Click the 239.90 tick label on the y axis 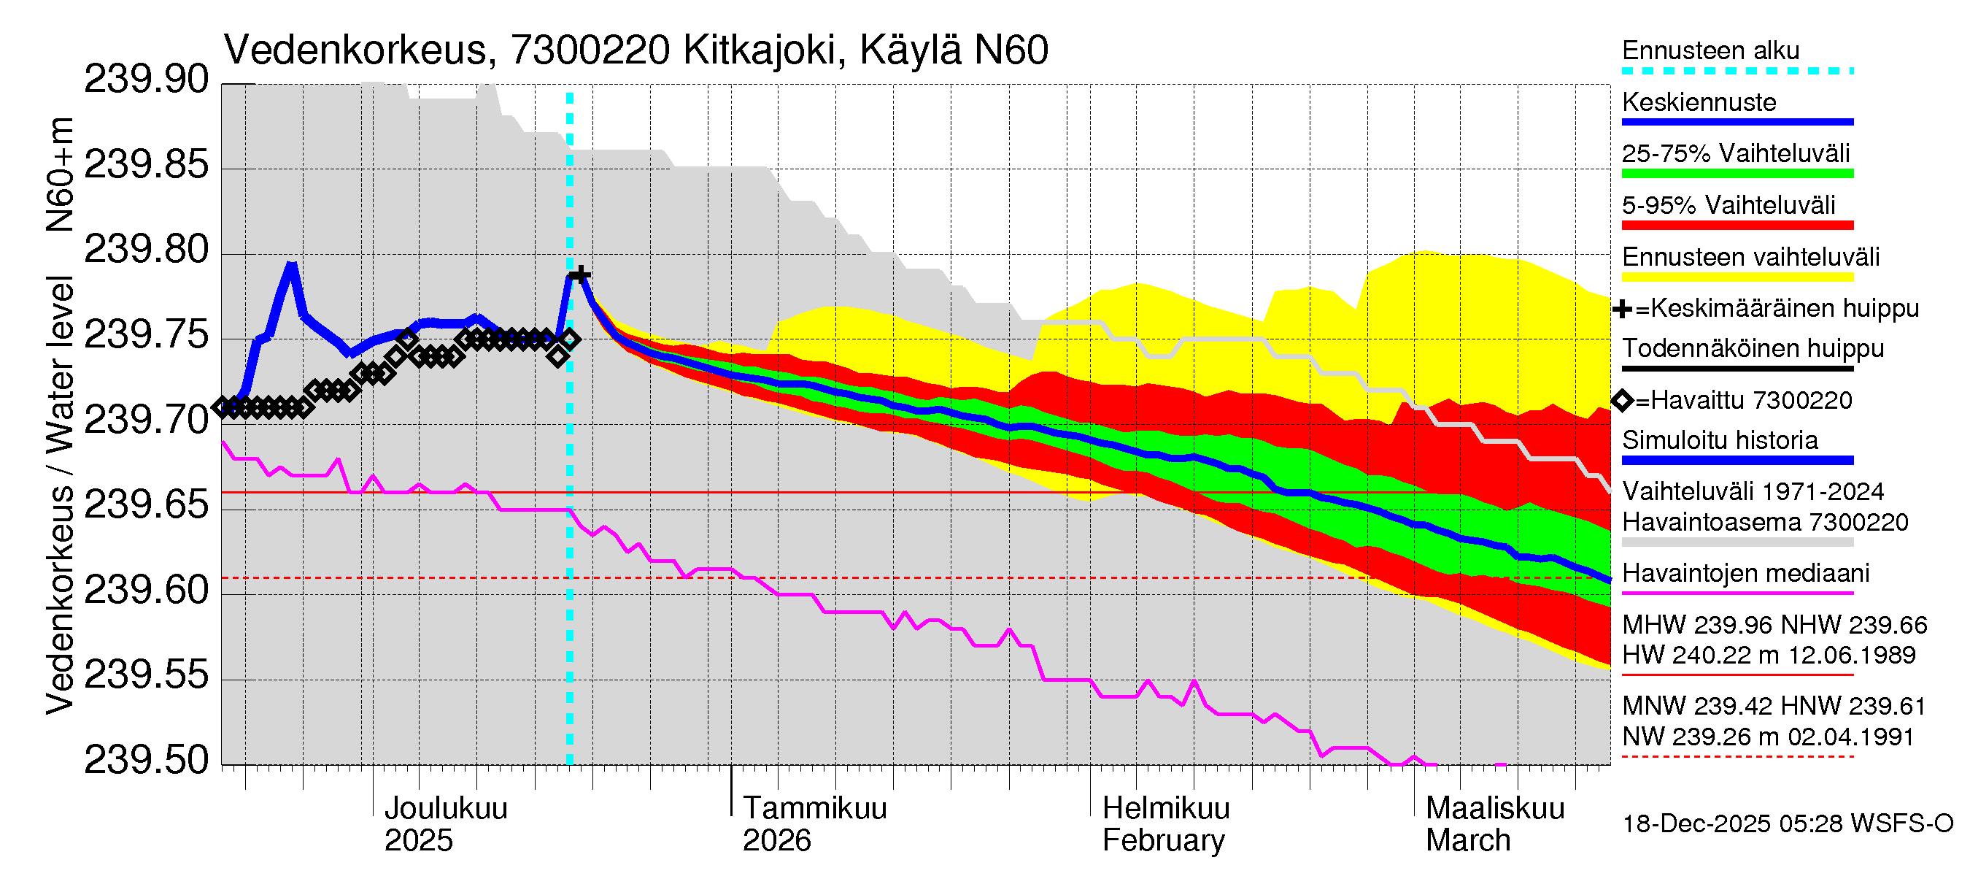tap(145, 80)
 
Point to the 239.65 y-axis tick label tap(145, 505)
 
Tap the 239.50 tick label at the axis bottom tap(145, 761)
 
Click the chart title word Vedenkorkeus tap(355, 50)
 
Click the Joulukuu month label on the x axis tap(445, 809)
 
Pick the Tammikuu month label tap(814, 809)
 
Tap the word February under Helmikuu tap(1162, 841)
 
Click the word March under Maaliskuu tap(1467, 841)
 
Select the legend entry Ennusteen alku tap(1710, 50)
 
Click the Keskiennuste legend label tap(1699, 102)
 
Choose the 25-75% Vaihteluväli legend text tap(1735, 154)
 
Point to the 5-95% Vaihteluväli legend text tap(1728, 205)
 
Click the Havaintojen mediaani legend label tap(1745, 573)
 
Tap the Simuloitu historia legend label tap(1719, 441)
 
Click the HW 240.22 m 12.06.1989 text tap(1768, 656)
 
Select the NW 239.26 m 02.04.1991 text tap(1767, 737)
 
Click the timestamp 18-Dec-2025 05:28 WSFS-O tap(1787, 824)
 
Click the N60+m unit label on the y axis tap(60, 174)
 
